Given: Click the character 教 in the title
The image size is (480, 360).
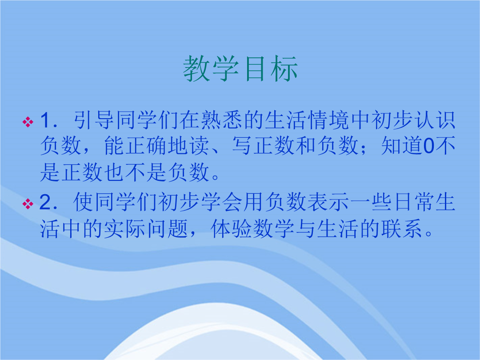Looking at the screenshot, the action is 196,68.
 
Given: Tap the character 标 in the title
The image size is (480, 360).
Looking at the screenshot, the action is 284,68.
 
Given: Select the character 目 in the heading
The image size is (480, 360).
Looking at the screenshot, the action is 255,68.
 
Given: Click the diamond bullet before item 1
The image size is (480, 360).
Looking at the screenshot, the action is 28,122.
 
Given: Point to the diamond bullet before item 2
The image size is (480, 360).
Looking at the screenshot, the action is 28,204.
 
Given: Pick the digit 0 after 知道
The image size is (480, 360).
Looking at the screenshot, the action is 428,146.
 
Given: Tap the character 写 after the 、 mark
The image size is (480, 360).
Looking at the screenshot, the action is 242,146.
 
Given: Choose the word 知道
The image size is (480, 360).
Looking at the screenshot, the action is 402,146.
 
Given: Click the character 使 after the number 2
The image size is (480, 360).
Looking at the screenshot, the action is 84,202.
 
